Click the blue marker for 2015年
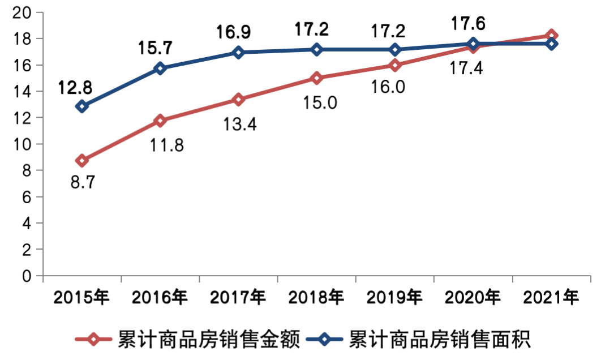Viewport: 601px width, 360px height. click(x=82, y=106)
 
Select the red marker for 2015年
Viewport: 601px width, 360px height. click(x=82, y=161)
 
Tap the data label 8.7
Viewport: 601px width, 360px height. click(x=83, y=182)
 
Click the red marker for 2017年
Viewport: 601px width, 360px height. click(x=238, y=99)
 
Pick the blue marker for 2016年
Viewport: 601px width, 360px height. click(x=160, y=68)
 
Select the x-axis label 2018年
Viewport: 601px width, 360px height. click(x=316, y=296)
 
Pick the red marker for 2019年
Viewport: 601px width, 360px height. click(x=395, y=65)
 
